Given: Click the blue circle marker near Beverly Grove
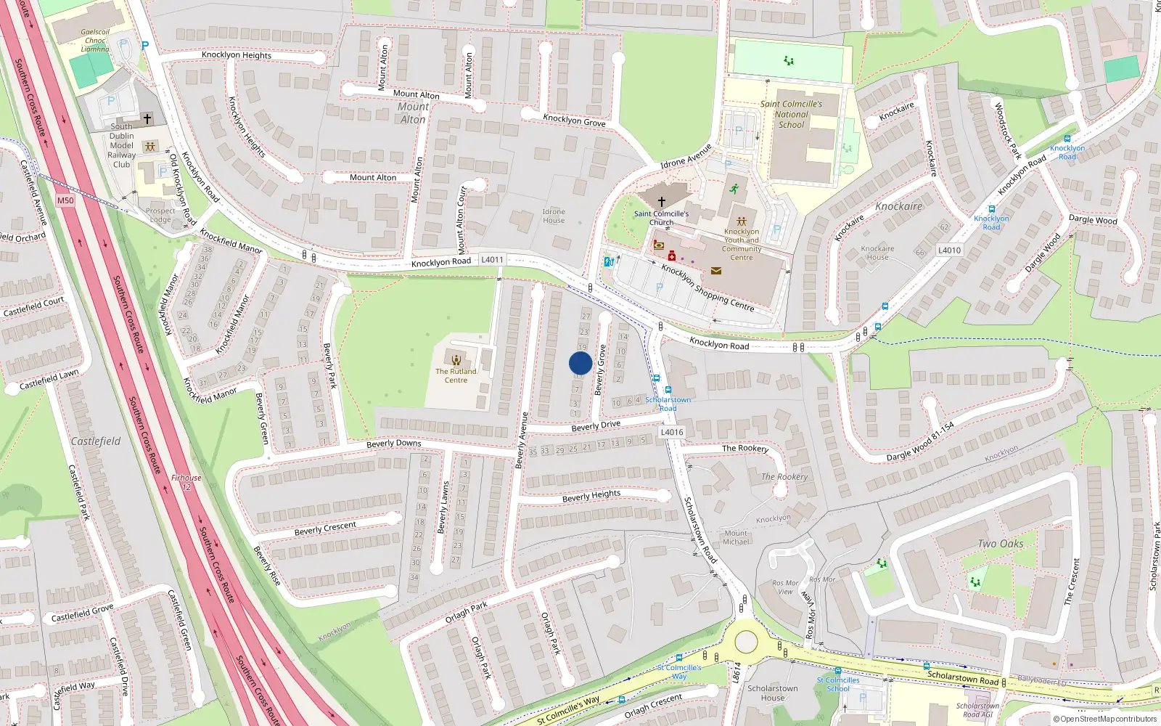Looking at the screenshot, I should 580,363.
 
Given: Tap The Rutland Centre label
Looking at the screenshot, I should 456,375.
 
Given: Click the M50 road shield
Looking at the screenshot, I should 65,200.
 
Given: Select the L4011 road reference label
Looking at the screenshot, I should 492,259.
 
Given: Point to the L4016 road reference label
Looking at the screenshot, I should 672,432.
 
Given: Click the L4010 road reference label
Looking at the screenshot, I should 949,250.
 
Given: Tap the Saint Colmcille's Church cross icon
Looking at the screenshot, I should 661,201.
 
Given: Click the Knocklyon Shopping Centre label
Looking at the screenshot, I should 707,287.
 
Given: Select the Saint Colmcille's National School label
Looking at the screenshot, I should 791,114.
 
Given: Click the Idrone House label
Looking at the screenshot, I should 554,216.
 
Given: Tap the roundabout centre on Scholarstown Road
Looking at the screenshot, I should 746,642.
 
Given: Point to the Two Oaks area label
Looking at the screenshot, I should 1001,544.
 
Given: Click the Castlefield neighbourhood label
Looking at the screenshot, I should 96,441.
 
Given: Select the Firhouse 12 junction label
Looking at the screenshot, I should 186,482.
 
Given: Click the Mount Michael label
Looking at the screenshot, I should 736,537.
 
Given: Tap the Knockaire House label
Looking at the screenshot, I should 877,253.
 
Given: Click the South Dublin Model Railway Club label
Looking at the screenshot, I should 122,145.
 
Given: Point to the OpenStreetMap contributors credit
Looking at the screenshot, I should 1105,719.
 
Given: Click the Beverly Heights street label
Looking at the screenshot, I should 591,496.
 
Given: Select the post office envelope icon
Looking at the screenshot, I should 716,271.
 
